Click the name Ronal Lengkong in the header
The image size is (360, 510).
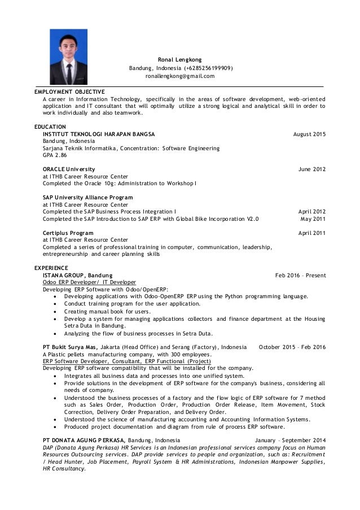tap(179, 59)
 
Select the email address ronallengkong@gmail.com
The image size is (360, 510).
tap(179, 76)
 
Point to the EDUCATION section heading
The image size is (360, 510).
tap(50, 126)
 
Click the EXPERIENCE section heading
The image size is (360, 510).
tap(51, 267)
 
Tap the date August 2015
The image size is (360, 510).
tap(310, 134)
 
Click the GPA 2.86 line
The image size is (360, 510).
tap(55, 155)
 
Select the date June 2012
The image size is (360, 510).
tap(311, 169)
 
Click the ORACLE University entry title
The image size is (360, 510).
tap(69, 169)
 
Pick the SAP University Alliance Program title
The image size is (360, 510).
tap(88, 197)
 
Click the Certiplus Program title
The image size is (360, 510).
tap(68, 233)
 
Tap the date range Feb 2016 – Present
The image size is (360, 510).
tap(300, 275)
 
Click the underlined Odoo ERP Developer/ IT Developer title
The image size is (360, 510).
tap(89, 282)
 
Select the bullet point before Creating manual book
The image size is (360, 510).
tap(54, 311)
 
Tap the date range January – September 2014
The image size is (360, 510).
tap(290, 438)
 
